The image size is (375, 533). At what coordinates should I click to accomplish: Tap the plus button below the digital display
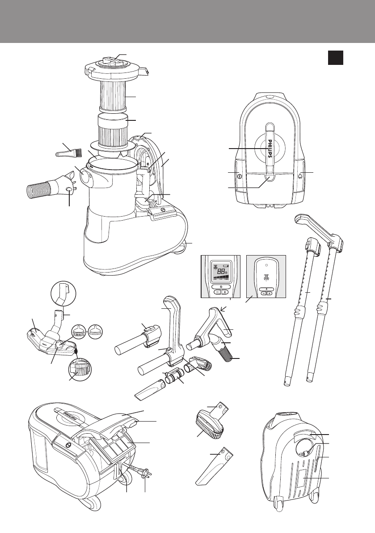228,291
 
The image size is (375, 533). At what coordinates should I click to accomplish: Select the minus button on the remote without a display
263,294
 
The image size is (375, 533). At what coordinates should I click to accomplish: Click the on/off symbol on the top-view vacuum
239,176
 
